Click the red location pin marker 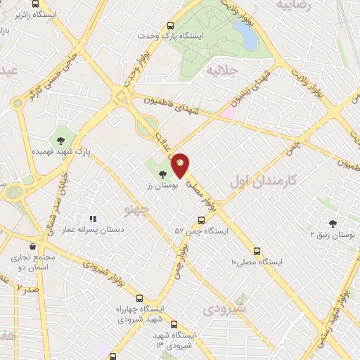click(181, 164)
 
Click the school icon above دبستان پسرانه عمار click(93, 219)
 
